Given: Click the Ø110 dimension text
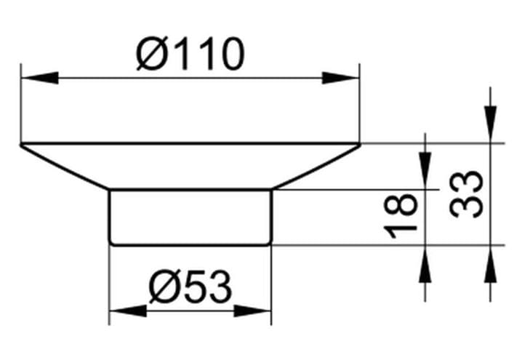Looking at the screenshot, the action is [x=190, y=53].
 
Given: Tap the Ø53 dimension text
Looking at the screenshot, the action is [x=190, y=287].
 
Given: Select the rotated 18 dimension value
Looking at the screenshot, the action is [x=401, y=216].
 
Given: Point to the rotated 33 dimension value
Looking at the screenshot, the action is [x=466, y=194].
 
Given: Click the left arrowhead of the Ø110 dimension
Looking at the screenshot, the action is [x=40, y=78].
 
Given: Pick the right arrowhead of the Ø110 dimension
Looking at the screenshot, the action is [x=340, y=78].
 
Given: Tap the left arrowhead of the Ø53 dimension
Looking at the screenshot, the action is [x=129, y=311].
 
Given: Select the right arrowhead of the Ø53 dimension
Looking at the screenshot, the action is [x=252, y=311].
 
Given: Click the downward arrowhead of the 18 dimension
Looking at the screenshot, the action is [x=425, y=171].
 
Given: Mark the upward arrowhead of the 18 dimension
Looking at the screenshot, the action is [x=425, y=264].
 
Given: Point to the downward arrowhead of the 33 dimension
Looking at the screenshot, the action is [x=490, y=124].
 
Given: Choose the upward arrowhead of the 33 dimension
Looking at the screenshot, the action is [x=490, y=264].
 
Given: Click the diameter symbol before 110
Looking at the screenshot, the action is [x=152, y=53].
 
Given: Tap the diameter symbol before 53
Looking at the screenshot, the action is [x=164, y=287].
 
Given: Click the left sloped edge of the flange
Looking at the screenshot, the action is [x=65, y=167].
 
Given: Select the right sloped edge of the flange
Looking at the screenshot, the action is [x=316, y=167].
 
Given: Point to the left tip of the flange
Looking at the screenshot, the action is [x=20, y=145].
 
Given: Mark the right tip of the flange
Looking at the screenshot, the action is [x=361, y=145].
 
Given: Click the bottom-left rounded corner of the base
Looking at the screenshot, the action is [x=111, y=243].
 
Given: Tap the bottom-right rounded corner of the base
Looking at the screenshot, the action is [x=270, y=243].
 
